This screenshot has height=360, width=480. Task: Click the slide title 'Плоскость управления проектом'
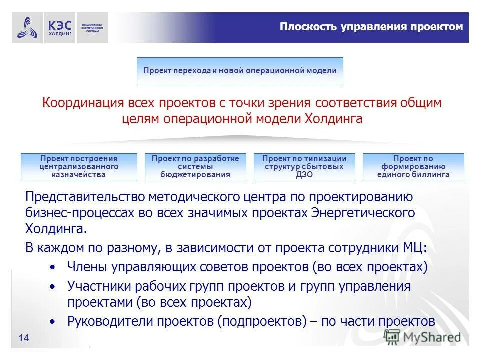pyautogui.click(x=371, y=27)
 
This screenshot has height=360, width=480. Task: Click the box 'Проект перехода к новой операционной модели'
pyautogui.click(x=240, y=71)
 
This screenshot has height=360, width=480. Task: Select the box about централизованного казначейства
pyautogui.click(x=79, y=167)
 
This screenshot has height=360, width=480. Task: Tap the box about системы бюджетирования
pyautogui.click(x=195, y=167)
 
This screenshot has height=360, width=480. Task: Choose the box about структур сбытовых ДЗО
pyautogui.click(x=304, y=167)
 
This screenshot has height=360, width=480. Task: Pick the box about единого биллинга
pyautogui.click(x=413, y=167)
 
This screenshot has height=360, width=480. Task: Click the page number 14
pyautogui.click(x=23, y=339)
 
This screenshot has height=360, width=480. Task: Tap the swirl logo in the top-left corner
pyautogui.click(x=27, y=28)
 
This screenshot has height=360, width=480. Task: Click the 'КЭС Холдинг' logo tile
pyautogui.click(x=60, y=28)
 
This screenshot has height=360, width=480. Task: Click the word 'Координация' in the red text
pyautogui.click(x=82, y=103)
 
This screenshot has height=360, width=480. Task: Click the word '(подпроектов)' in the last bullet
pyautogui.click(x=262, y=321)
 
